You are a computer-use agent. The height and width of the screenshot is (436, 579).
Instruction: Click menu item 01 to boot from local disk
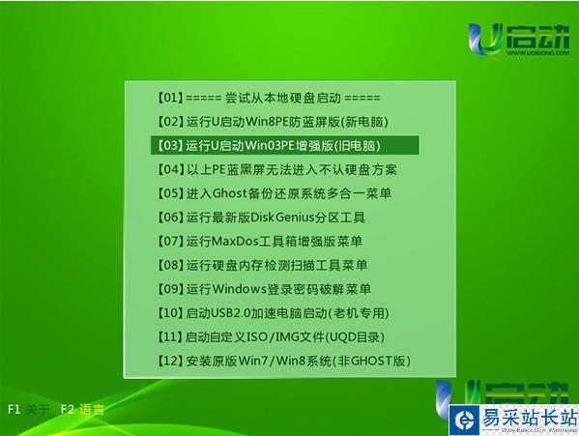click(269, 98)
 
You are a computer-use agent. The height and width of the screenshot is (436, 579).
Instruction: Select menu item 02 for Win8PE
click(273, 122)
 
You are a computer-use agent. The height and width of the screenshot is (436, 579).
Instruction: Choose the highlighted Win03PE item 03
click(269, 145)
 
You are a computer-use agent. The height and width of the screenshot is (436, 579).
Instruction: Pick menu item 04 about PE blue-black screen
click(277, 169)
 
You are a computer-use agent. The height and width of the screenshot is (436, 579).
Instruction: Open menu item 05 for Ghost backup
click(274, 193)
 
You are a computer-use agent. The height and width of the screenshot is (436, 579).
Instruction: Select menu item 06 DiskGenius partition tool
click(261, 218)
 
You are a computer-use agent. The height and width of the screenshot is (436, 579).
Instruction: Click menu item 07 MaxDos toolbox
click(260, 241)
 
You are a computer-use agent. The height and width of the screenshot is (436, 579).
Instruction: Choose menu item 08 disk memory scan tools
click(262, 265)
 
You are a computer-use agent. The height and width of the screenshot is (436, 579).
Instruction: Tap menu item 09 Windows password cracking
click(264, 289)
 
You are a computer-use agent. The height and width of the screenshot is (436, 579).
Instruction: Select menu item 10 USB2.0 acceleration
click(273, 313)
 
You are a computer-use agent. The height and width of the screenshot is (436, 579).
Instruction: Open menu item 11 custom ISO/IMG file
click(271, 336)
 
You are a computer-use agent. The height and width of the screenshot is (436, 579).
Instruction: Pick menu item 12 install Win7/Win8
click(283, 361)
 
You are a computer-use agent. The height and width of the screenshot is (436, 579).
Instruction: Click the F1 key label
click(14, 409)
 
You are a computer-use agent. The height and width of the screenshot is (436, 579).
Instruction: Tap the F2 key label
click(68, 409)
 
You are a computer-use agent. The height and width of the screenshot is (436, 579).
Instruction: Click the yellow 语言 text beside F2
click(92, 410)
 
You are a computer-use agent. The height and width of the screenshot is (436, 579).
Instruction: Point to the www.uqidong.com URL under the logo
click(537, 53)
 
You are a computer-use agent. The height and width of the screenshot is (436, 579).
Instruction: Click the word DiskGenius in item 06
click(277, 218)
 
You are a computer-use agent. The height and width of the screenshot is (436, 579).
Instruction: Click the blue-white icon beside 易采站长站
click(465, 421)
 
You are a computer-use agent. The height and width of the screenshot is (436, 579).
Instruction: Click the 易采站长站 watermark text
click(529, 418)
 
